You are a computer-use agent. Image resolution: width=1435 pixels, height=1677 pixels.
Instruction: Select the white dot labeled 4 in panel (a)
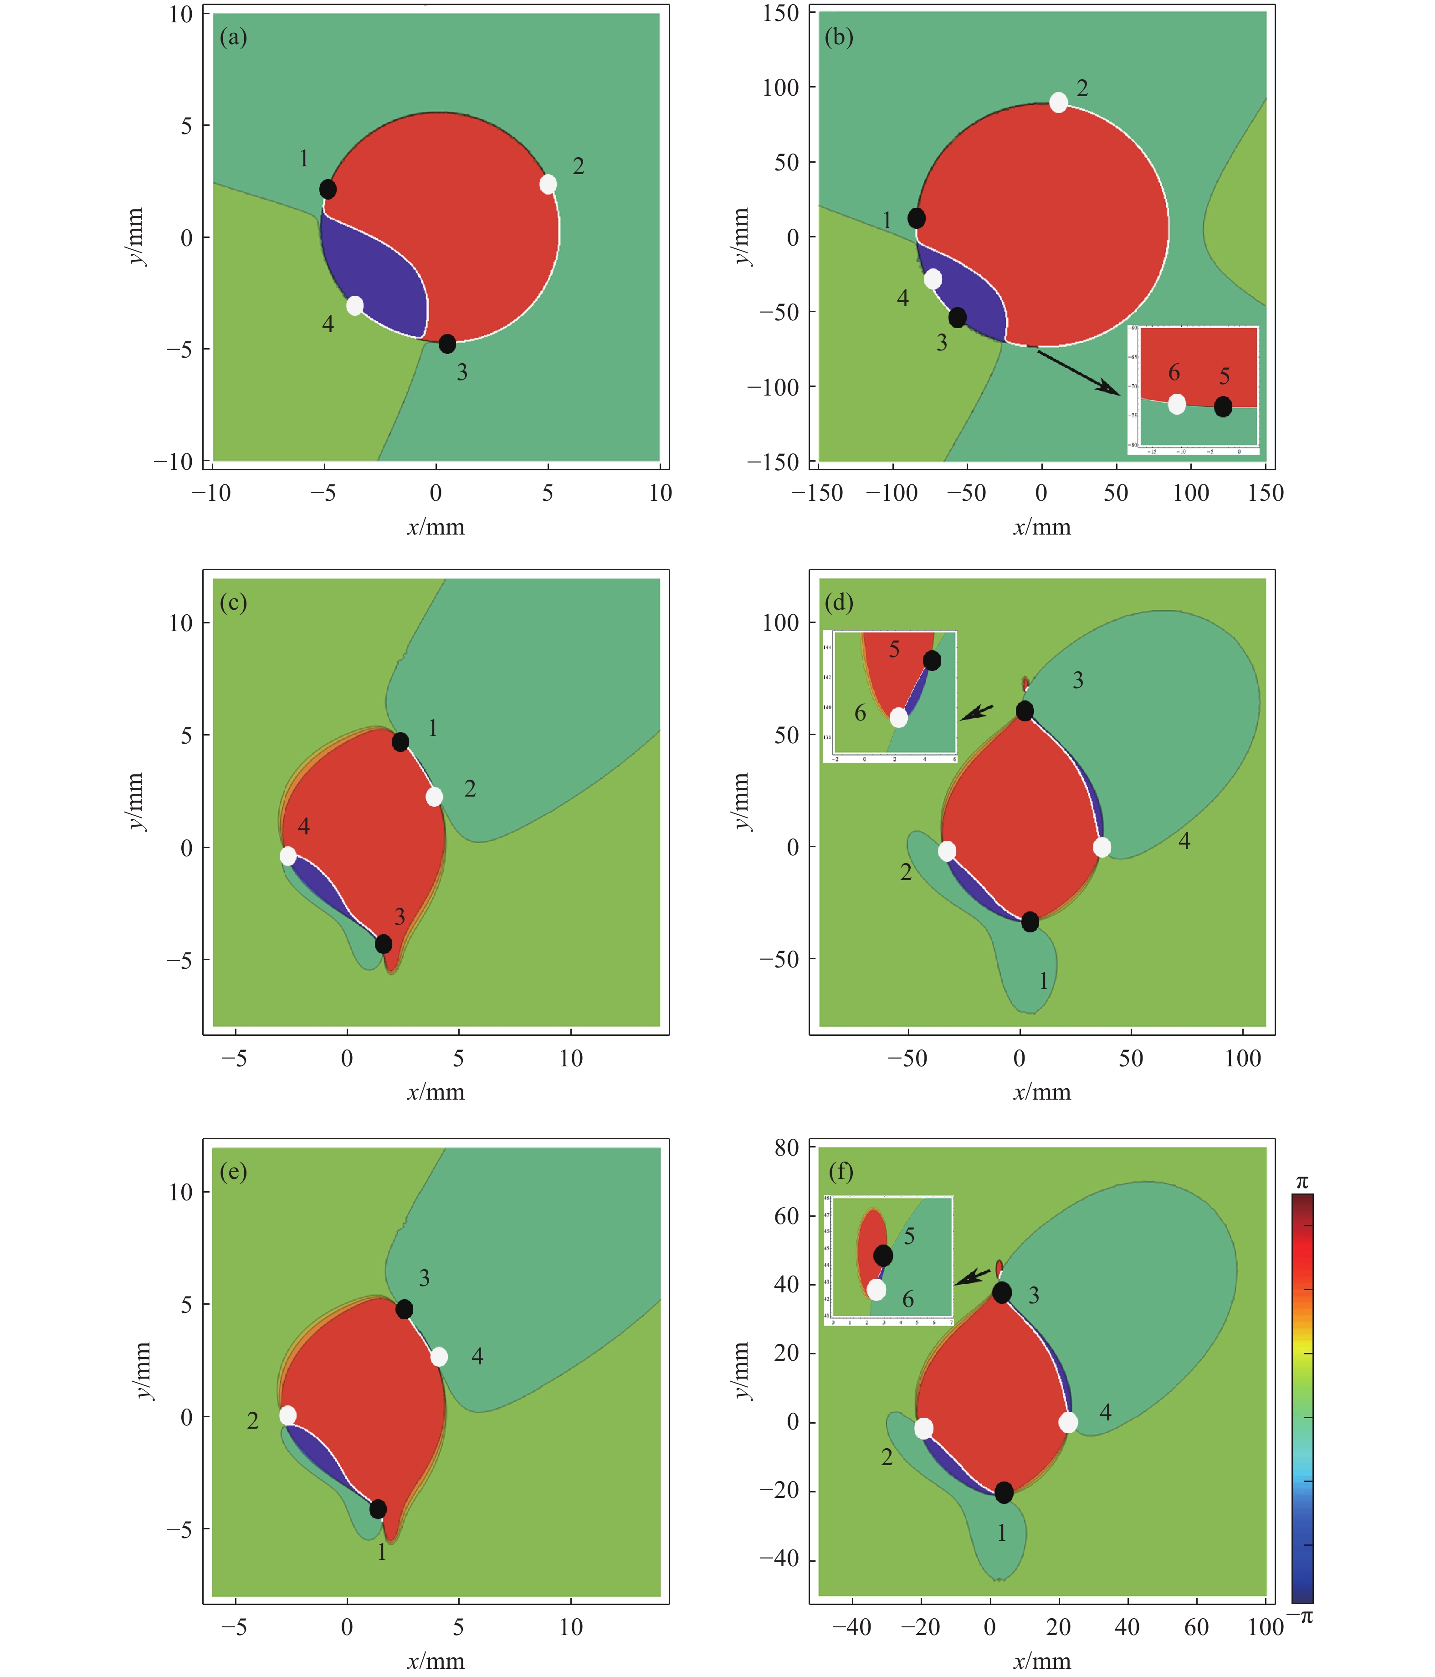(354, 306)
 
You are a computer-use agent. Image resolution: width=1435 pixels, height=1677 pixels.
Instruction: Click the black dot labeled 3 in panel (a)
(447, 344)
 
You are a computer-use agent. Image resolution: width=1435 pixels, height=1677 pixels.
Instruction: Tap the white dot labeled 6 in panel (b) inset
(1177, 404)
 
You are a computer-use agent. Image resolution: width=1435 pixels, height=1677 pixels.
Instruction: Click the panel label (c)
(233, 603)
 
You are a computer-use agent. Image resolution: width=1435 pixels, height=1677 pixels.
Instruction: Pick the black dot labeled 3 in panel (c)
(384, 944)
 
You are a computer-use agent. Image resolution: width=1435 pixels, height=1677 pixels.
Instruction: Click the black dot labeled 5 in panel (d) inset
(932, 660)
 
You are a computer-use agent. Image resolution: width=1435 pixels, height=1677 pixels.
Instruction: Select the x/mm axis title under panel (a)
(435, 528)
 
